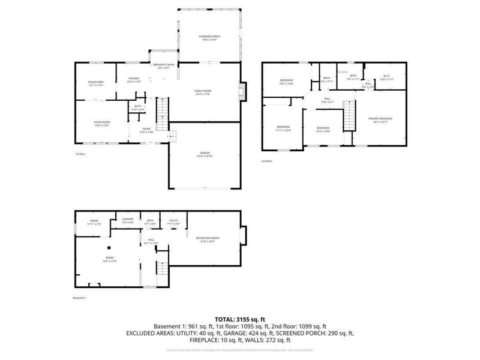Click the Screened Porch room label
pos(209,38)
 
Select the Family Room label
pos(203,92)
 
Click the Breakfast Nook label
pos(164,66)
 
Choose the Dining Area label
pos(96,83)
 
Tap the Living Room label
pos(101,123)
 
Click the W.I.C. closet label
pos(386,77)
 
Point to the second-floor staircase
pos(349,115)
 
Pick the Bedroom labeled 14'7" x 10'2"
pos(286,82)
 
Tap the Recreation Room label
pos(208,239)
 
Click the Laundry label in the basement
pos(127,221)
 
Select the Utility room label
pos(173,222)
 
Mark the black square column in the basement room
pos(109,248)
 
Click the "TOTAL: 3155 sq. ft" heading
pos(239,319)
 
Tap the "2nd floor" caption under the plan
pos(266,161)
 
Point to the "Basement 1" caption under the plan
pos(80,298)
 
